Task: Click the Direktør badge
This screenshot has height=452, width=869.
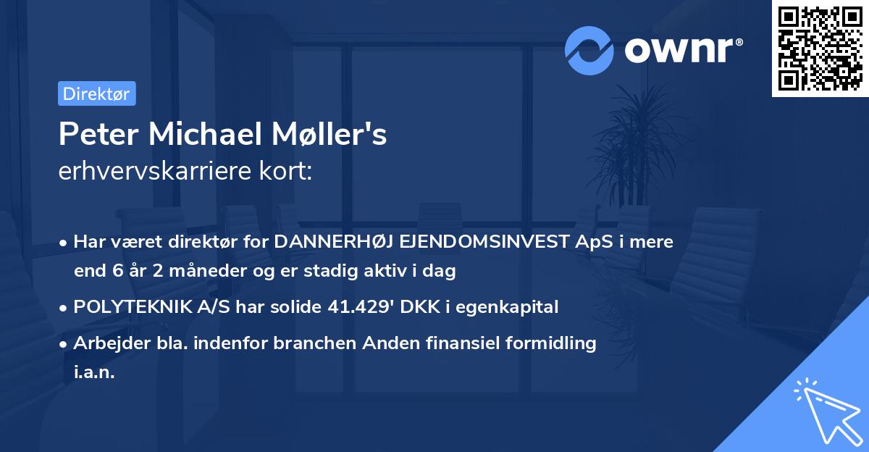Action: pos(96,93)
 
